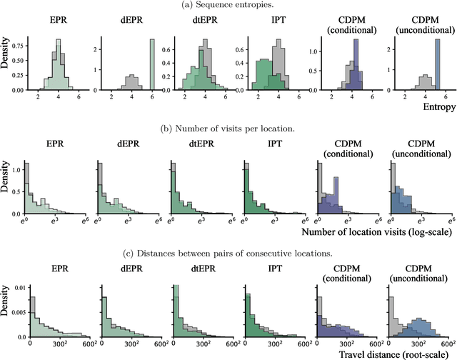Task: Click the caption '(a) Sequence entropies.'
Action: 228,6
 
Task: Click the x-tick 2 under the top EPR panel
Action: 39,96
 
